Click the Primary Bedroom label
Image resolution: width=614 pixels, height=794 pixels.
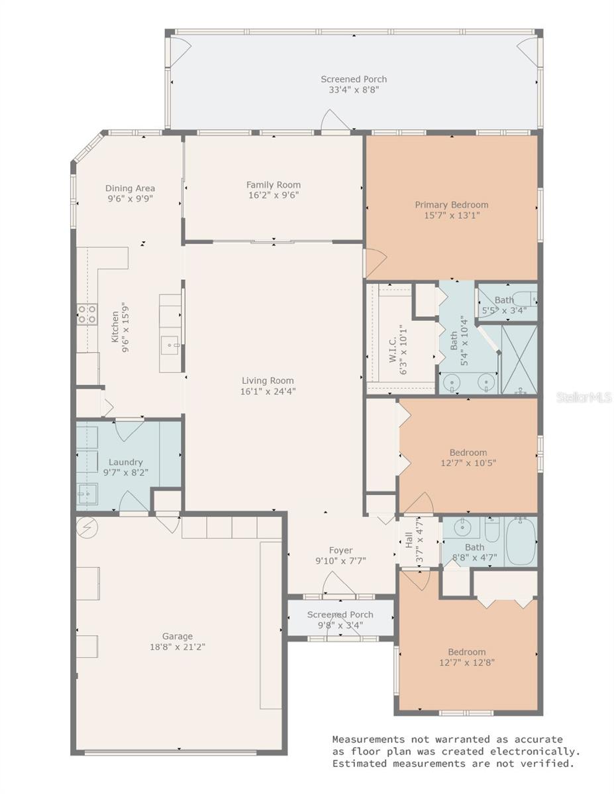451,204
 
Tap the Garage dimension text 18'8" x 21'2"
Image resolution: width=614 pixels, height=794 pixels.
168,647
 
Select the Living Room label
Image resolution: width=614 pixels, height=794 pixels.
267,380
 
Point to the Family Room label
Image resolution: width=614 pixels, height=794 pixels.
273,185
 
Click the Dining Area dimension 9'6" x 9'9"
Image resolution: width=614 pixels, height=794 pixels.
130,198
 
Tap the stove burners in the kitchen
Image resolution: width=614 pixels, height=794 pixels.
87,314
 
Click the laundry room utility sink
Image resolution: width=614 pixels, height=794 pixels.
87,493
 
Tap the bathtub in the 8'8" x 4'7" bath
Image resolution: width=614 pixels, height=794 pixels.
521,542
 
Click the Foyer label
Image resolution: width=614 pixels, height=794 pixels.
340,550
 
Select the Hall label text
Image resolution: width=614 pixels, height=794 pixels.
409,539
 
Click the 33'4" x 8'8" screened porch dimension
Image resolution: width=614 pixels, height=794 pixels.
354,90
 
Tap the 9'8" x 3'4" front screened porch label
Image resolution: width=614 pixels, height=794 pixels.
340,615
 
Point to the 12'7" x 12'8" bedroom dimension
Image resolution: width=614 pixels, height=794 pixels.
466,662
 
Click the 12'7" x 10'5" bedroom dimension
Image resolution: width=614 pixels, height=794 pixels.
468,463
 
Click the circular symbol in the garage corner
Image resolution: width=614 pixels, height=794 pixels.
86,527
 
